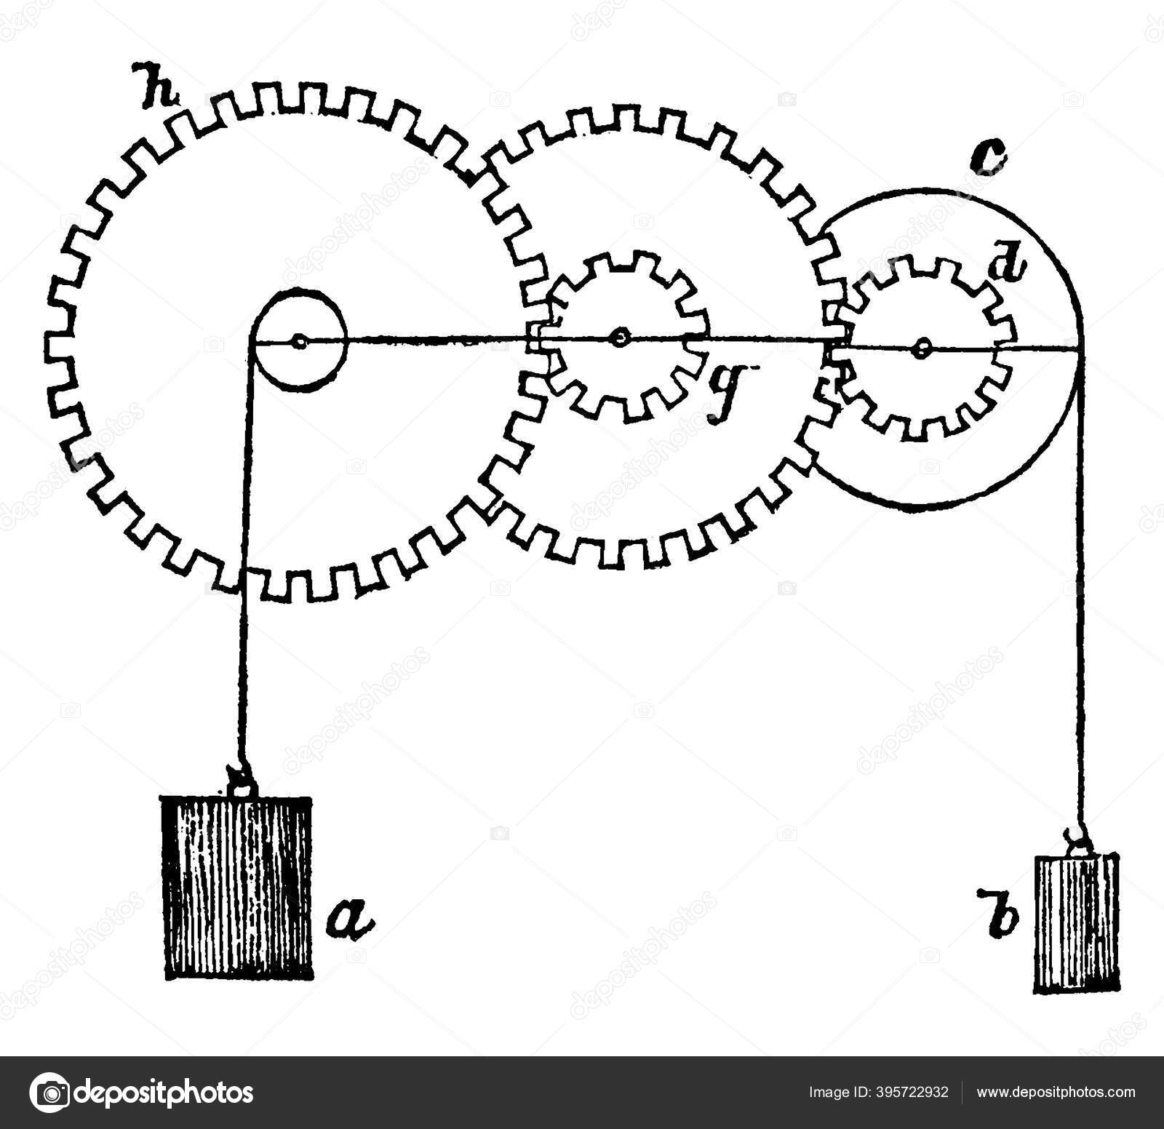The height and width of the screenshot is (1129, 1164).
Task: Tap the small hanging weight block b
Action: point(1075,923)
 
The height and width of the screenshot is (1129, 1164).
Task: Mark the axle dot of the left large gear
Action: point(298,340)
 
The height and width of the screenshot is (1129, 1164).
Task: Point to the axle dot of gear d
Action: point(922,348)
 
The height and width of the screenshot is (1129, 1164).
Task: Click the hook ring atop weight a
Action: point(239,783)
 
